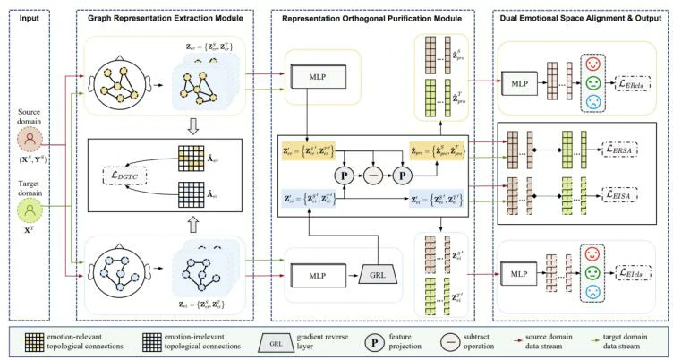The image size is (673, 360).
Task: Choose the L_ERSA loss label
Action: pyautogui.click(x=630, y=146)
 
